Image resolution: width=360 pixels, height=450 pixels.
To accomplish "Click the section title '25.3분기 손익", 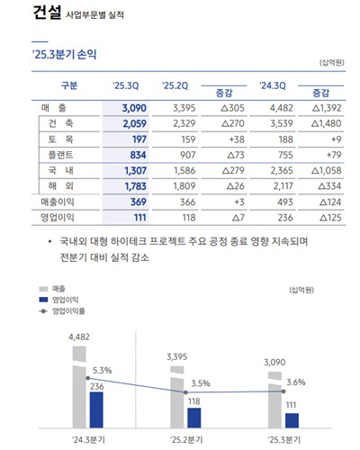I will pyautogui.click(x=64, y=55).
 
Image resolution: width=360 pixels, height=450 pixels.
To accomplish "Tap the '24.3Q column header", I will pyautogui.click(x=271, y=86).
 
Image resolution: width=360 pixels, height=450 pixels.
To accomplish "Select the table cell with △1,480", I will pyautogui.click(x=321, y=122).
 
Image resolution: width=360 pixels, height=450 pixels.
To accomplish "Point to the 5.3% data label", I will pyautogui.click(x=102, y=371).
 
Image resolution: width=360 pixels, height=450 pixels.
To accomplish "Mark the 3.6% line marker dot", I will pyautogui.click(x=280, y=391).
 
